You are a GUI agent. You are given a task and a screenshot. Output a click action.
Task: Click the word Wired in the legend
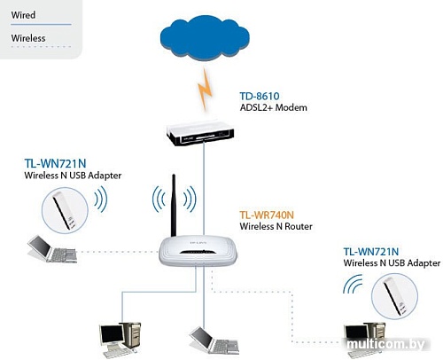click(22, 15)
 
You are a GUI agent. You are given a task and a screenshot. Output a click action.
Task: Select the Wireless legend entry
click(27, 39)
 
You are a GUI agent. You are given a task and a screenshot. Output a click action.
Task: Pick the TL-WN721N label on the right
click(378, 251)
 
